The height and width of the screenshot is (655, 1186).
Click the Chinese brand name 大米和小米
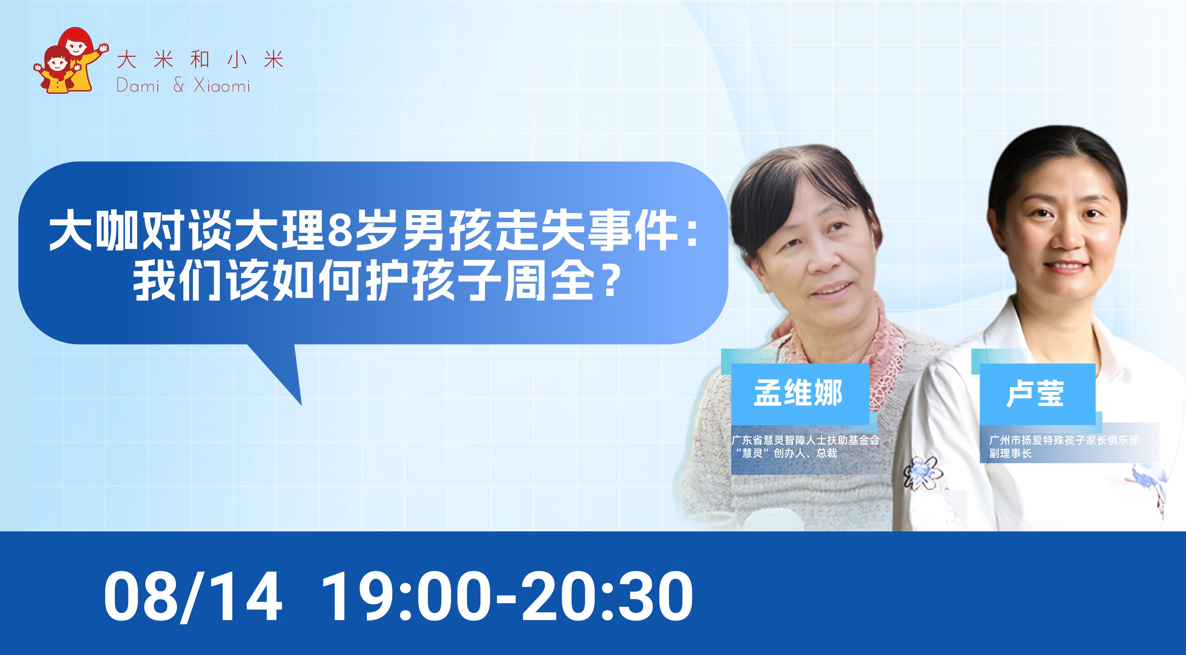(x=200, y=60)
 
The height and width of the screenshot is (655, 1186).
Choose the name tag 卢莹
(x=1035, y=394)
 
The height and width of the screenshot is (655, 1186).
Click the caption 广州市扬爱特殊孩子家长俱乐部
(x=1064, y=440)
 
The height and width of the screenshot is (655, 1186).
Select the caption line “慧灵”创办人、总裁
(x=786, y=454)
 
